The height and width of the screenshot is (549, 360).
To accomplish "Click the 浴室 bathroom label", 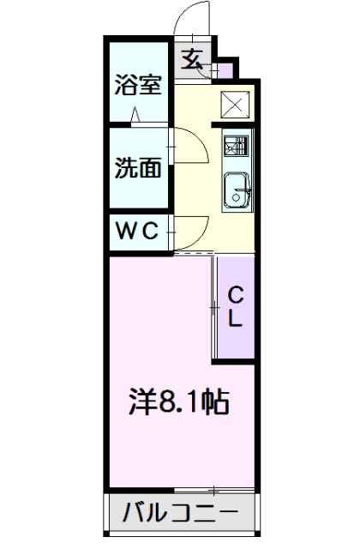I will click(x=138, y=85).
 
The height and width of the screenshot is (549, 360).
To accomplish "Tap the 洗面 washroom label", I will click(x=138, y=168).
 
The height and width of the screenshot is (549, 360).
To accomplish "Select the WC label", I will click(x=138, y=231).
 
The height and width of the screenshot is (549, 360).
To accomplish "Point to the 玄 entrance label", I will click(x=193, y=59).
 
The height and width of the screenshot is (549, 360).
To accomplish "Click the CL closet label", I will click(x=236, y=306).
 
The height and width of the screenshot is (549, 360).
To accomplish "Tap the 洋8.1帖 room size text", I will click(x=178, y=400).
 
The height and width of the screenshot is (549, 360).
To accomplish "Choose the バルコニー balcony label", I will click(x=180, y=515).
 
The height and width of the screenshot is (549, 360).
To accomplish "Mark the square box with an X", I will click(x=235, y=104).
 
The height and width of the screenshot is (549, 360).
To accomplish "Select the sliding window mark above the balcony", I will click(x=211, y=489).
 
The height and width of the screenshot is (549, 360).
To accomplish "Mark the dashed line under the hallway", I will click(x=194, y=254).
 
